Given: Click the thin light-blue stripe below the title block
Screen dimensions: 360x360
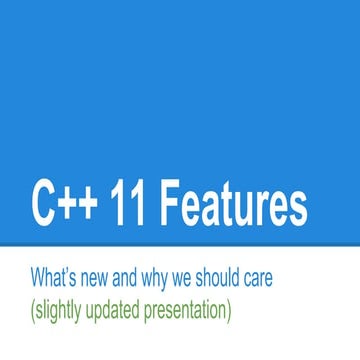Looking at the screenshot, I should [x=180, y=248].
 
